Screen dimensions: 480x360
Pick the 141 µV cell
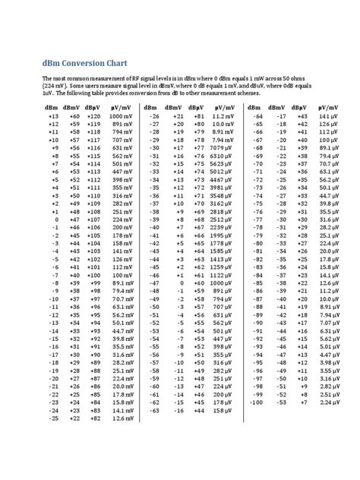[328, 115]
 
